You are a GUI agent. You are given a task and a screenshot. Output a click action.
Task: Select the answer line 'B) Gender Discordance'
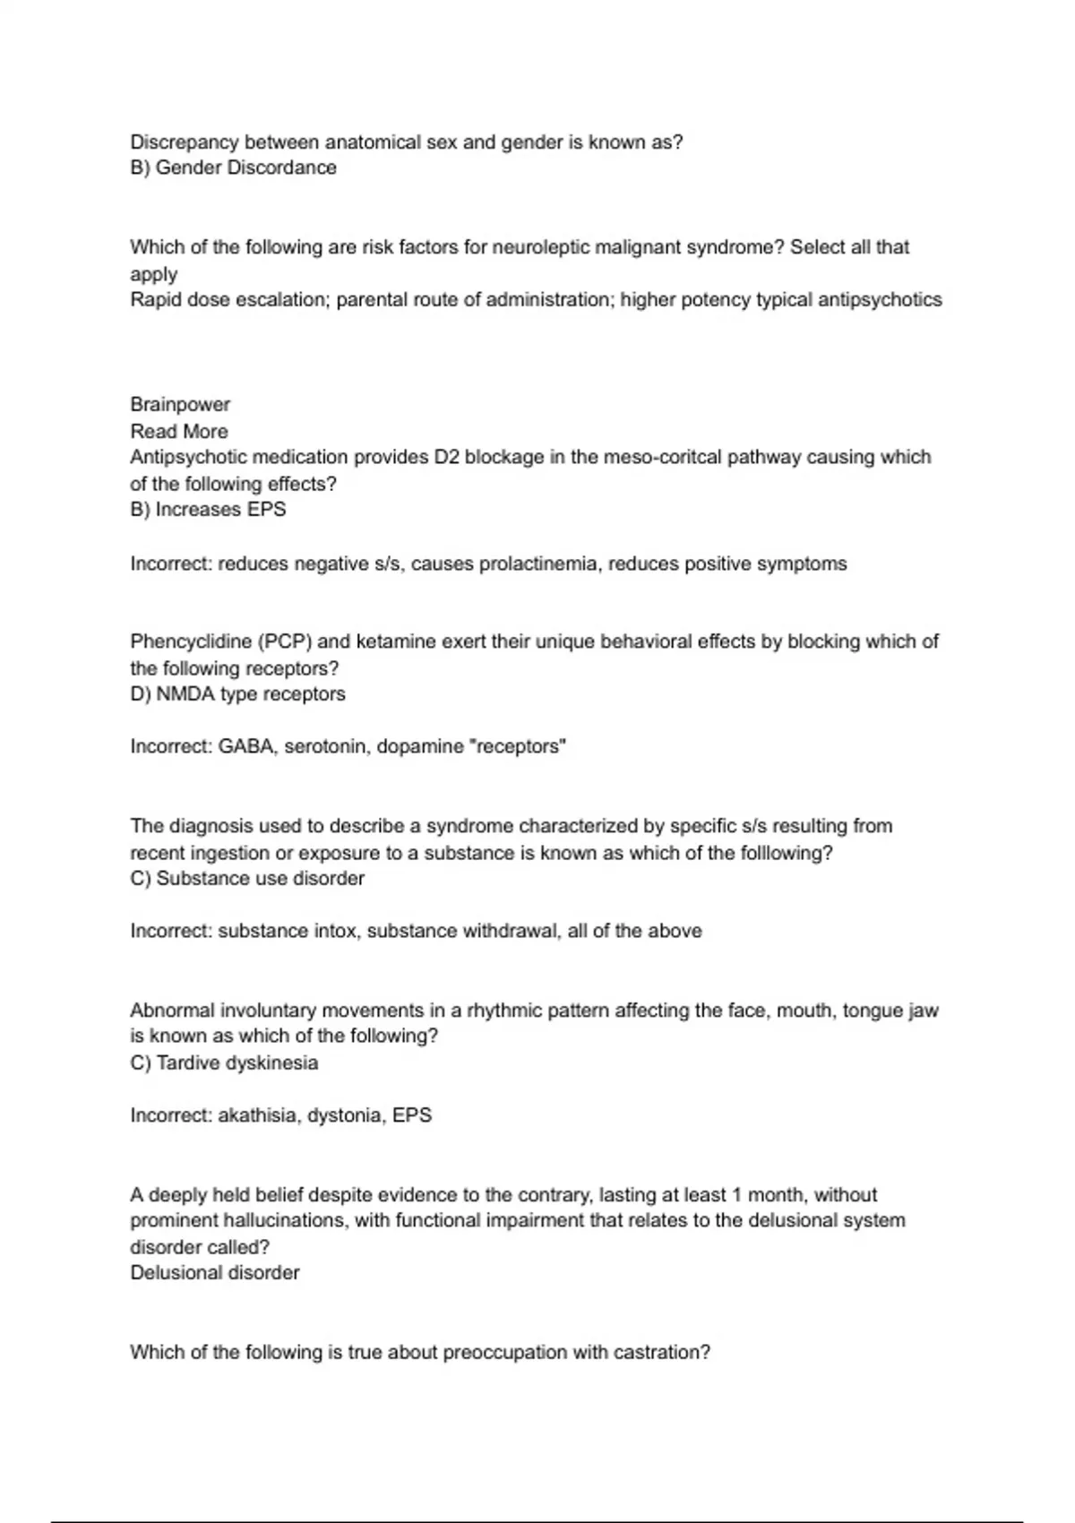tap(233, 168)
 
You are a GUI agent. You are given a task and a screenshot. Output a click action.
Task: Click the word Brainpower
tap(180, 404)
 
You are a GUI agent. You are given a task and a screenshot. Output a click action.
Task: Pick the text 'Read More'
tap(179, 431)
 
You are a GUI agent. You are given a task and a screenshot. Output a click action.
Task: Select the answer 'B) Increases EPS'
tap(208, 510)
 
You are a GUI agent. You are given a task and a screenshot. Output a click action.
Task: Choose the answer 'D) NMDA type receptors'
tap(237, 694)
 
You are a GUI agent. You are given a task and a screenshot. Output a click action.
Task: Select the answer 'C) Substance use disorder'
tap(247, 879)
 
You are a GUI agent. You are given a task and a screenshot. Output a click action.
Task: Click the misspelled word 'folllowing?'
tap(787, 853)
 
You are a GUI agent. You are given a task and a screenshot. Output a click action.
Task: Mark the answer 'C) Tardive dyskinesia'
tap(224, 1063)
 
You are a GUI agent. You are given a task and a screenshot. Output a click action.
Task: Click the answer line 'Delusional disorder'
tap(215, 1273)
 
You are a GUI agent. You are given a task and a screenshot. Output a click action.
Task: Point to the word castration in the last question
tap(662, 1353)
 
